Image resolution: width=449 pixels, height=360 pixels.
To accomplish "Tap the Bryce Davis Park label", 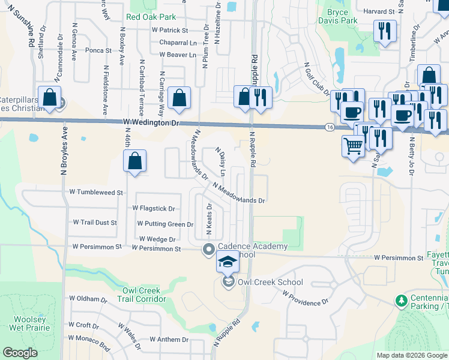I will [x=342, y=16].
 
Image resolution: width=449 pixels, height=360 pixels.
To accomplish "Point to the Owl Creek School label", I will [x=270, y=282].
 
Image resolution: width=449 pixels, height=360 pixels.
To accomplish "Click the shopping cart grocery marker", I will [x=353, y=145].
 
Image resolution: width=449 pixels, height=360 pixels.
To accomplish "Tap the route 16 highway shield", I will [x=330, y=127].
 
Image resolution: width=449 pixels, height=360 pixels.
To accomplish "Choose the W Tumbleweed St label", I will [x=96, y=193].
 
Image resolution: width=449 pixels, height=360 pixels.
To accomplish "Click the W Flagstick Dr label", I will [x=154, y=209].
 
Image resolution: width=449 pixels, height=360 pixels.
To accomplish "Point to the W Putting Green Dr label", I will [x=165, y=224].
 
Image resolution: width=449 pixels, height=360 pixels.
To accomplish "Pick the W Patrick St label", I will [x=170, y=30].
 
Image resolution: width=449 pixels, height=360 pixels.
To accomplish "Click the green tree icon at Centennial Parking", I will [x=400, y=299].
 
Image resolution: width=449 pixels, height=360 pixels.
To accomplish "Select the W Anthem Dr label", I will [x=169, y=340].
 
